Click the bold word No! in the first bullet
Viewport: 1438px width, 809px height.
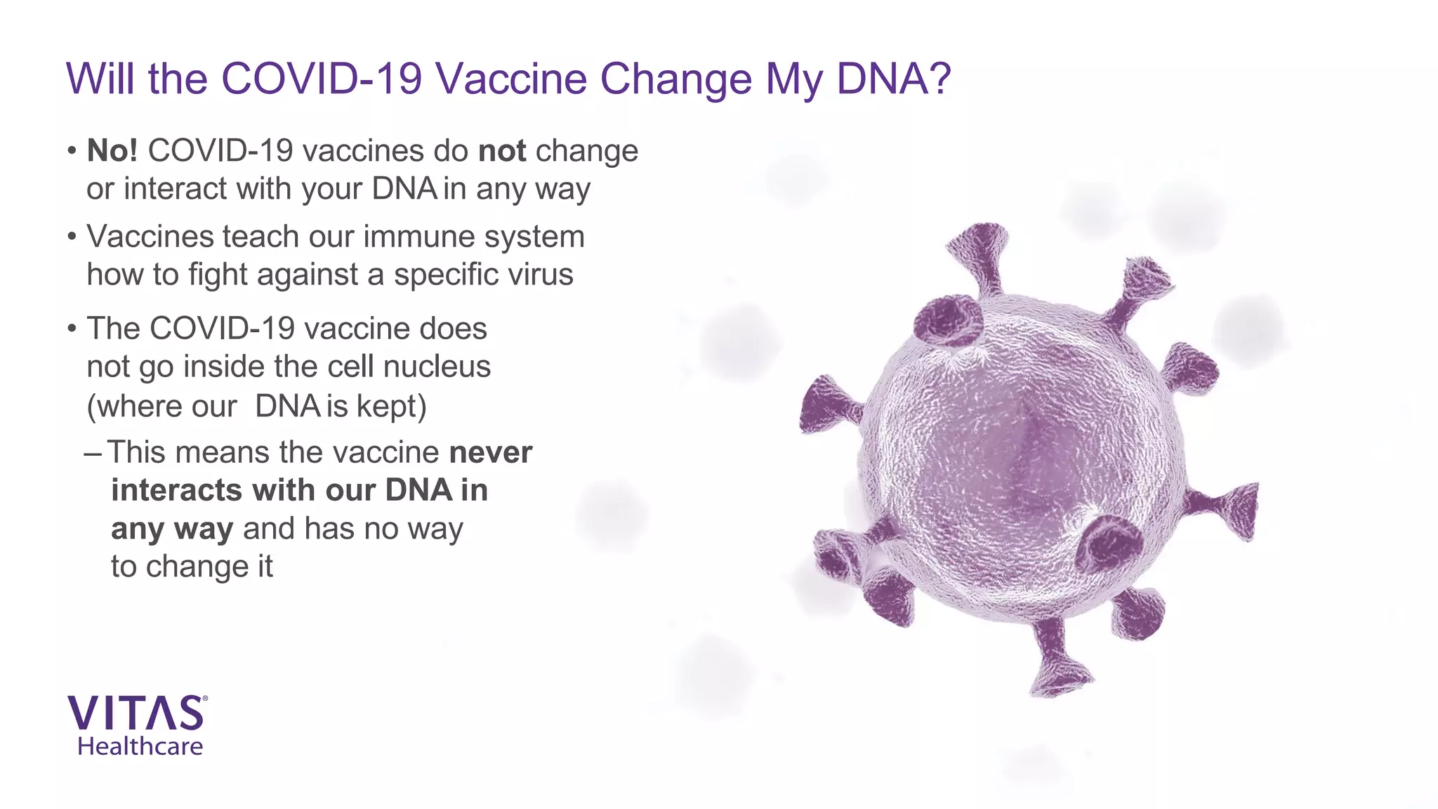point(112,151)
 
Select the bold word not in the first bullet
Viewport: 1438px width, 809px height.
point(502,151)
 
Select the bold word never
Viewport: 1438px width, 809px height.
point(491,453)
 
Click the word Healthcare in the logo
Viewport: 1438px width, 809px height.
point(140,746)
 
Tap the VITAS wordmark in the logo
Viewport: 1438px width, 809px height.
point(135,713)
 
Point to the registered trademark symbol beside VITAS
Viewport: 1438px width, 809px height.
point(205,699)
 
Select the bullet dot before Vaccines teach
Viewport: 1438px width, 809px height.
point(72,237)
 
